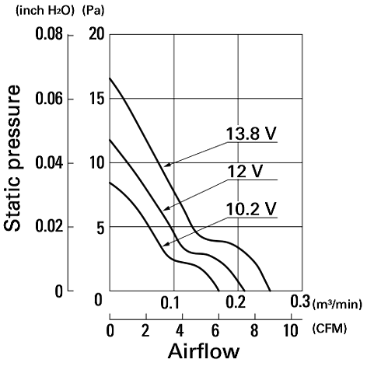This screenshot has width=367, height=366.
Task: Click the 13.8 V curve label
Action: click(x=251, y=134)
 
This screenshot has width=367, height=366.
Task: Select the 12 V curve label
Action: click(x=245, y=171)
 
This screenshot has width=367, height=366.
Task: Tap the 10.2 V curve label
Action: click(x=251, y=209)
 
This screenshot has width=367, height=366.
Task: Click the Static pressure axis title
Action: click(x=12, y=158)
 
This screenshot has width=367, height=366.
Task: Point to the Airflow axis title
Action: click(x=204, y=351)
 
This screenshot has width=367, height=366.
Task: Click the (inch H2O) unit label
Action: click(x=45, y=11)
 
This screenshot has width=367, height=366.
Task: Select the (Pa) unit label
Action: click(x=93, y=11)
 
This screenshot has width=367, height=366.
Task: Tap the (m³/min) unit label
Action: click(x=337, y=304)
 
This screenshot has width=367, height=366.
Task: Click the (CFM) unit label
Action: click(x=330, y=329)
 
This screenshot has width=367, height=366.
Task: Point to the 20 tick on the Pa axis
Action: click(x=96, y=34)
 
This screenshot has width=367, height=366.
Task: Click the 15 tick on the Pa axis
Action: click(x=96, y=99)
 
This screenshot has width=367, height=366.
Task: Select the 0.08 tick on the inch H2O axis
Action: click(x=49, y=34)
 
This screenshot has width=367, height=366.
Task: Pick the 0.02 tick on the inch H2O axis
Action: click(x=49, y=227)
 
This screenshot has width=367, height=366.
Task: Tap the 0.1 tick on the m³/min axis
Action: click(x=170, y=302)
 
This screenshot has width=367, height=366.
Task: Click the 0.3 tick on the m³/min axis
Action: click(x=300, y=302)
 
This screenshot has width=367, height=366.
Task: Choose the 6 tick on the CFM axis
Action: click(x=215, y=330)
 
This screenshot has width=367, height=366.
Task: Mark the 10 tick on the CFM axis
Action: click(x=290, y=330)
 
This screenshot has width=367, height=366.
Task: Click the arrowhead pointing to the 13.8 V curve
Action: click(x=167, y=165)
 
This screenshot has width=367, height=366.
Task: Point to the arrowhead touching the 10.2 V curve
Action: click(x=166, y=244)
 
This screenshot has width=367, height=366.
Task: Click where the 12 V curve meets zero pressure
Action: click(x=244, y=291)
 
